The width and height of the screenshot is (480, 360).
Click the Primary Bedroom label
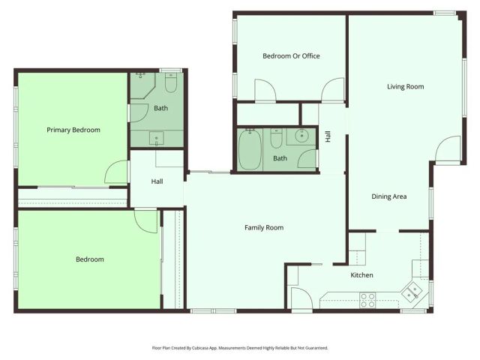tap(73, 130)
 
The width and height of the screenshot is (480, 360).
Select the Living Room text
tap(405, 87)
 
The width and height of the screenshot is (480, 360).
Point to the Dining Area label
tap(389, 196)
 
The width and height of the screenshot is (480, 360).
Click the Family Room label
tap(264, 227)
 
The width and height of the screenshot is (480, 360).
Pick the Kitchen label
tap(362, 275)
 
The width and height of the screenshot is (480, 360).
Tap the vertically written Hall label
tap(328, 136)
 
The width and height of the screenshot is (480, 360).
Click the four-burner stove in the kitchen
tap(367, 300)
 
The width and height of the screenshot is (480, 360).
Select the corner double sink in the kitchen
tap(413, 289)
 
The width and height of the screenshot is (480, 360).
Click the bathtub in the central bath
tap(250, 150)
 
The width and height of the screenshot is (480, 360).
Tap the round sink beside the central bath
tap(301, 136)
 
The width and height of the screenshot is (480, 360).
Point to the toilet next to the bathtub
tap(277, 140)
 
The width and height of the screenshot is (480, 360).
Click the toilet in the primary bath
tap(170, 84)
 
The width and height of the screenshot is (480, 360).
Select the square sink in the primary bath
tap(157, 137)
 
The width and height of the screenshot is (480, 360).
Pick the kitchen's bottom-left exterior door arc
tap(301, 299)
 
